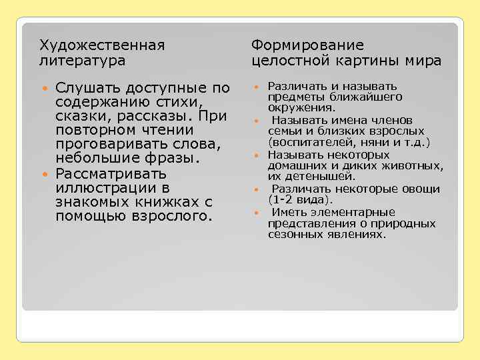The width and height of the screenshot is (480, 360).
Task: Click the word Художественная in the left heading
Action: click(102, 45)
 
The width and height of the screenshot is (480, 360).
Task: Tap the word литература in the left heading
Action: click(83, 61)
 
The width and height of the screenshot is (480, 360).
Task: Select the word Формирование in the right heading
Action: click(307, 45)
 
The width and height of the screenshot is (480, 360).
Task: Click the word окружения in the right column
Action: click(301, 107)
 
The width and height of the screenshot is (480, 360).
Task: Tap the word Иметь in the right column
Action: click(287, 212)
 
